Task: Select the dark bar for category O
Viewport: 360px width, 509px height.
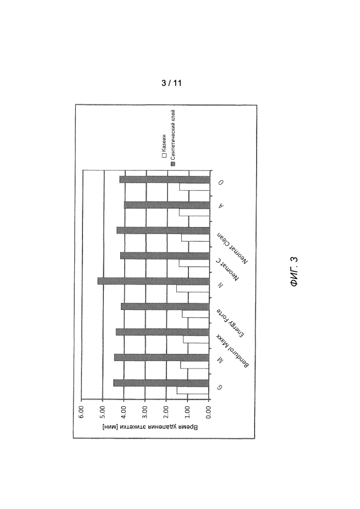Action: pyautogui.click(x=164, y=180)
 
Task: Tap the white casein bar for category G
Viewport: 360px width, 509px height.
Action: pyautogui.click(x=193, y=390)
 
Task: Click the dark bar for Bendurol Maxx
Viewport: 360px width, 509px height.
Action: pyautogui.click(x=162, y=332)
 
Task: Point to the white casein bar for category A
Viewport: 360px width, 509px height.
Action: pyautogui.click(x=195, y=213)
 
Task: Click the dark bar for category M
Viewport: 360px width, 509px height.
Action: pyautogui.click(x=161, y=357)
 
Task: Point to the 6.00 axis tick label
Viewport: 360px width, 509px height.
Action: pyautogui.click(x=81, y=412)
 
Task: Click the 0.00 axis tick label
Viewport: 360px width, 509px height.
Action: pyautogui.click(x=209, y=412)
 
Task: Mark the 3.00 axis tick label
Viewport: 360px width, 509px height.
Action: pyautogui.click(x=145, y=412)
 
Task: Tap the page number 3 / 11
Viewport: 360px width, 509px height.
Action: pyautogui.click(x=172, y=83)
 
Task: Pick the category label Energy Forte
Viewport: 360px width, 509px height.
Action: pyautogui.click(x=231, y=323)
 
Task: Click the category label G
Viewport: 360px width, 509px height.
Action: pyautogui.click(x=220, y=387)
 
